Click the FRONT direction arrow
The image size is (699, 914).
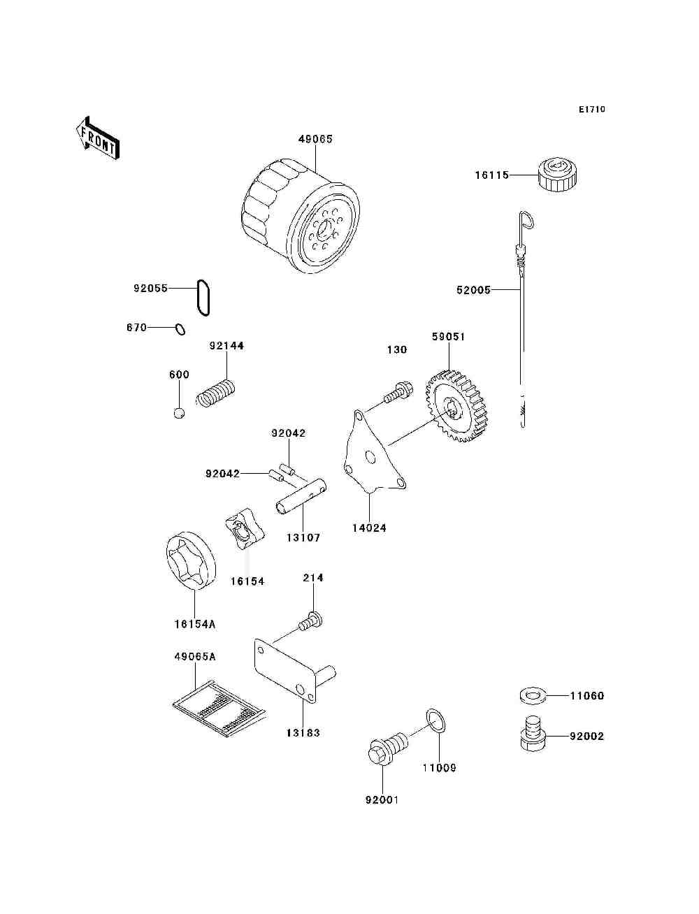96,138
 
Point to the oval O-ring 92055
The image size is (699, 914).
203,298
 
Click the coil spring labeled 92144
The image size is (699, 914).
217,392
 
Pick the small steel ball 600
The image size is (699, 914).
180,413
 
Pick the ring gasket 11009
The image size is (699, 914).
436,720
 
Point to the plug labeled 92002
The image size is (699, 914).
533,735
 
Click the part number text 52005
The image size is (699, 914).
473,290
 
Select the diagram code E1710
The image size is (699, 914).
592,110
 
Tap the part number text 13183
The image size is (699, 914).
303,733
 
